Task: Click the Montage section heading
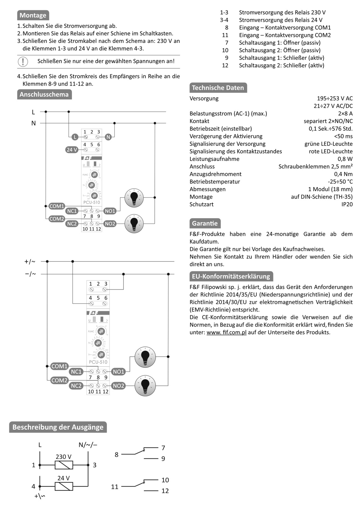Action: click(x=33, y=15)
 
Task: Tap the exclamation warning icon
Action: click(x=23, y=61)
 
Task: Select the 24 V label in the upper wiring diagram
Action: click(x=72, y=150)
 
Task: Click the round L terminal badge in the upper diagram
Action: click(x=75, y=137)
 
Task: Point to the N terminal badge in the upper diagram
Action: click(x=108, y=137)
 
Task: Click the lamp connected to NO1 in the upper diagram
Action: click(x=134, y=198)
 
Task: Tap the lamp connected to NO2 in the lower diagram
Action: click(x=145, y=386)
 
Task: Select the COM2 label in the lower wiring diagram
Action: click(x=60, y=380)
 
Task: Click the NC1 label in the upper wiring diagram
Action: click(x=72, y=211)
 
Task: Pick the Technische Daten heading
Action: click(x=218, y=88)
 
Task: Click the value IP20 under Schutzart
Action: click(x=347, y=204)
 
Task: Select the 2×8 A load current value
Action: click(x=345, y=114)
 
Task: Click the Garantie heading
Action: click(x=205, y=223)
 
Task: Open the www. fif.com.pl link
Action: click(x=226, y=332)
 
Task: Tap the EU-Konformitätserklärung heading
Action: click(x=231, y=276)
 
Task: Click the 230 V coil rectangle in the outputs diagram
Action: click(x=64, y=465)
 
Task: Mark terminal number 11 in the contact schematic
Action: click(x=115, y=487)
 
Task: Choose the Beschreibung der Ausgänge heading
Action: click(x=58, y=427)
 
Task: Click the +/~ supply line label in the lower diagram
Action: click(x=30, y=261)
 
